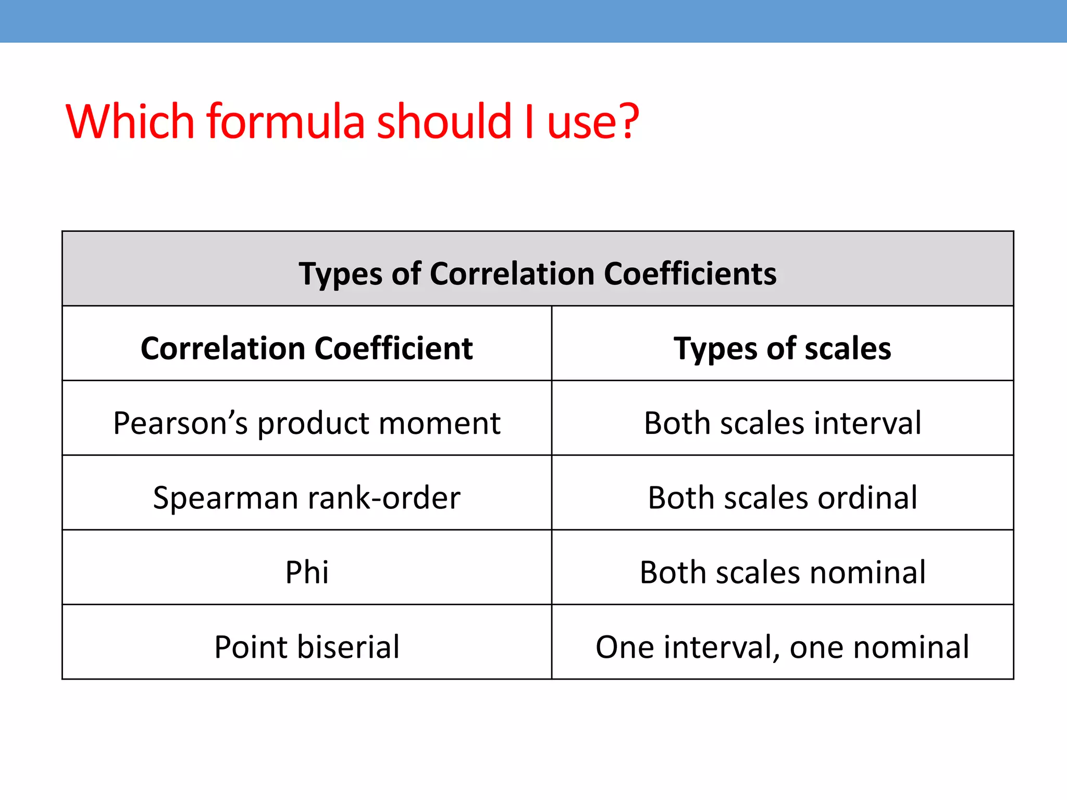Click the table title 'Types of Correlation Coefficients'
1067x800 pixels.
(x=537, y=273)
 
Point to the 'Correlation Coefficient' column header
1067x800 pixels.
(x=307, y=348)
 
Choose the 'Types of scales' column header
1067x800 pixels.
(x=782, y=348)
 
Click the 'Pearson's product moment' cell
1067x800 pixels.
(x=307, y=422)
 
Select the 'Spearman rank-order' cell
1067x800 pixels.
(x=307, y=497)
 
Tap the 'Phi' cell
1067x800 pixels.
(x=307, y=572)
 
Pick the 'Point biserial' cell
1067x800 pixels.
(x=307, y=647)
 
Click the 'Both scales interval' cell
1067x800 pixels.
(x=782, y=422)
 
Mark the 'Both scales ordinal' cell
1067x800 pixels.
(x=782, y=497)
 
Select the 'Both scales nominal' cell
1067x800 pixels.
(x=782, y=572)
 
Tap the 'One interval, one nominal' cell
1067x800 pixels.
(x=782, y=647)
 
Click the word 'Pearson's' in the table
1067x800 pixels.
(x=180, y=422)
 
